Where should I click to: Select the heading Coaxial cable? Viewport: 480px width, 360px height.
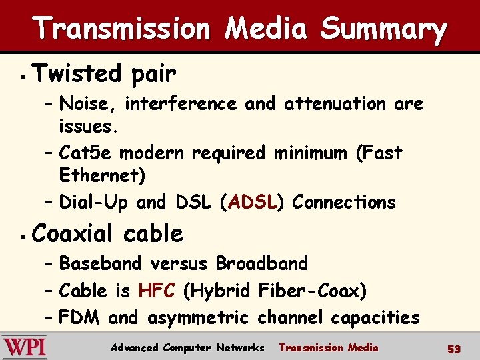[107, 234]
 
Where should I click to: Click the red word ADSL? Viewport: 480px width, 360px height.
[252, 201]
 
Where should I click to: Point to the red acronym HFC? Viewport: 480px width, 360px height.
[157, 291]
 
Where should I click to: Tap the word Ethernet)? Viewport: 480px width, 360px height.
[102, 176]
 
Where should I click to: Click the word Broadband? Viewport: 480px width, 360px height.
[261, 263]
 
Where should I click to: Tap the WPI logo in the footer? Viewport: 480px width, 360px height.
[25, 347]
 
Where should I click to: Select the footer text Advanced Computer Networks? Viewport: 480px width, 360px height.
[187, 347]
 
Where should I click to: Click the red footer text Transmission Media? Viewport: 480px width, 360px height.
[328, 347]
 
